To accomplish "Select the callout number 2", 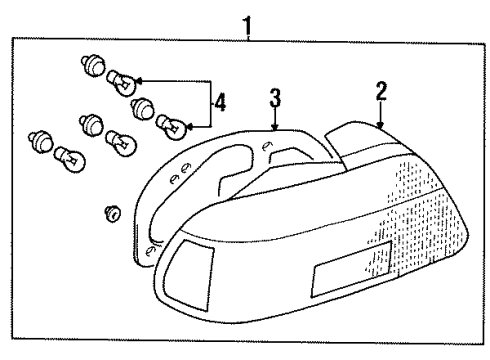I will click(x=380, y=94).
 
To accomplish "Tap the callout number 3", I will click(x=275, y=99).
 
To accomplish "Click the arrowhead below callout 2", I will click(x=380, y=122).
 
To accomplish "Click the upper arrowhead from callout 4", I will click(x=137, y=81).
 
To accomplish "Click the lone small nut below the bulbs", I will click(x=112, y=212).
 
